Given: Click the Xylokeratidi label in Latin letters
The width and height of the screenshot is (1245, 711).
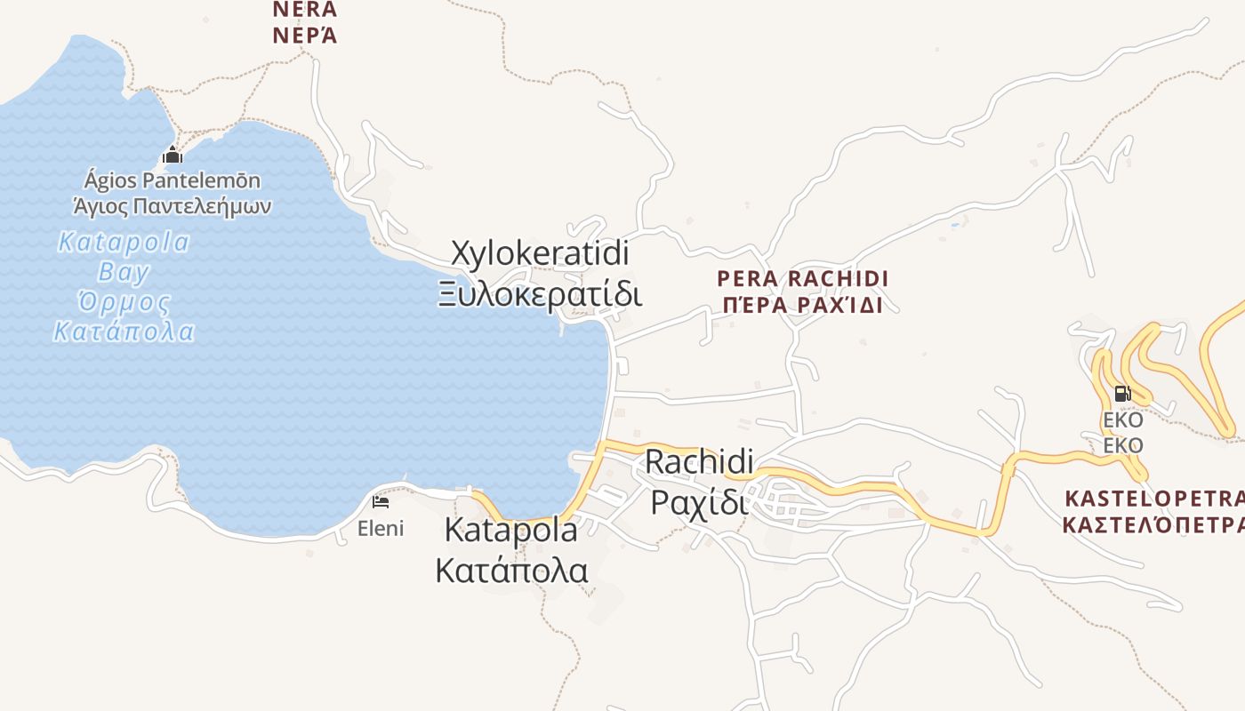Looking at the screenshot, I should point(541,253).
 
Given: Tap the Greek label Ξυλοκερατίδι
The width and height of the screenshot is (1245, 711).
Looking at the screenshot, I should point(540,292).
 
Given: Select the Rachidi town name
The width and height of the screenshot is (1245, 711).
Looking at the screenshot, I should point(699,461).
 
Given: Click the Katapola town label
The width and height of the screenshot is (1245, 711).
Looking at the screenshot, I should point(510,531).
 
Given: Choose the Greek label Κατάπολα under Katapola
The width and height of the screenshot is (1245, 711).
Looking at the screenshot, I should point(511,570).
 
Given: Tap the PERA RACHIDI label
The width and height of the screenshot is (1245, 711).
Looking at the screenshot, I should point(803,279).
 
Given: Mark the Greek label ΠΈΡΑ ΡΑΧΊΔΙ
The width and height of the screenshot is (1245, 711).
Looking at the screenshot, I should point(803,305).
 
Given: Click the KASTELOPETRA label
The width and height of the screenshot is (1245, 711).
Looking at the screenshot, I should point(1153,497).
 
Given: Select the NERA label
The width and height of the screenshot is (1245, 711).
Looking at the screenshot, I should point(305,10).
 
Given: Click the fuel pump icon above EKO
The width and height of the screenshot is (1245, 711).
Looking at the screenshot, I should point(1122,393).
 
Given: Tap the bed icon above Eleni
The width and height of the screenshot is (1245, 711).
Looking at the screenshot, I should point(381,502).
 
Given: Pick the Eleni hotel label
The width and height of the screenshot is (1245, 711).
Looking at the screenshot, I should point(381,529).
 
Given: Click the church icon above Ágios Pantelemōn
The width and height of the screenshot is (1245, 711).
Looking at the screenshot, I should point(173,156).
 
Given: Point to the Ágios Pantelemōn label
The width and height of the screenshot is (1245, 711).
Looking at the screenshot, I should point(173,181).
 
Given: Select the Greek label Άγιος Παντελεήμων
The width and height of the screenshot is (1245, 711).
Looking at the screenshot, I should point(173,207).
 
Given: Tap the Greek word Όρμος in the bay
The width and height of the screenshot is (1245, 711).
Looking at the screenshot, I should point(124,302).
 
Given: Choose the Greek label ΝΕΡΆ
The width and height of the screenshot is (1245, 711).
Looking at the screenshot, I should point(305,36).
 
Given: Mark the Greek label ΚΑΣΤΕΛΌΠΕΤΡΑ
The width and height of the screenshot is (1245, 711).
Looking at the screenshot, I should point(1153,524).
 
